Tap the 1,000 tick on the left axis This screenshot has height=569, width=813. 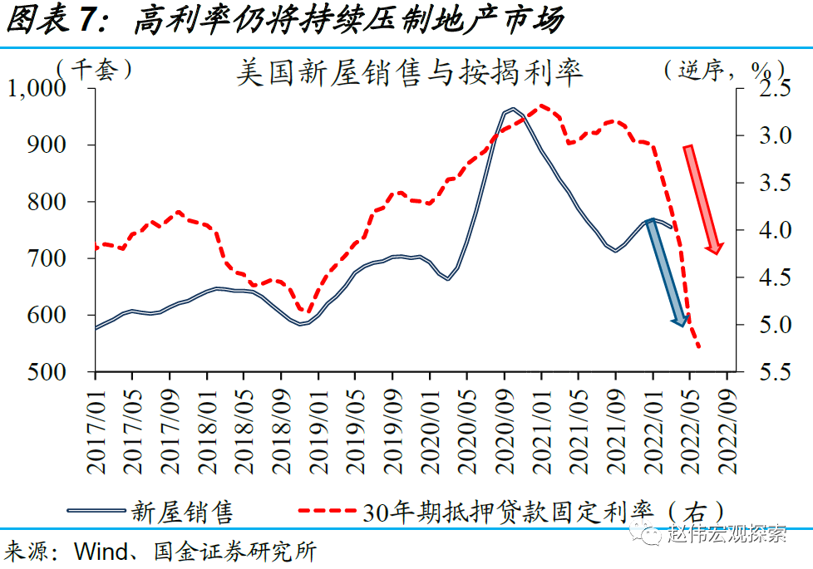click(x=47, y=89)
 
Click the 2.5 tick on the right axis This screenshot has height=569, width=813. click(x=763, y=89)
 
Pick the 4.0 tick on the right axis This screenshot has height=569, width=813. click(x=763, y=230)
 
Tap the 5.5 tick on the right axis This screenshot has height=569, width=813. click(x=763, y=372)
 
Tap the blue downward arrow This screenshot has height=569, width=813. click(x=668, y=274)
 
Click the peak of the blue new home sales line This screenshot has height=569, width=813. click(x=511, y=109)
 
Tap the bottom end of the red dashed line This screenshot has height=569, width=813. click(x=700, y=347)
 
